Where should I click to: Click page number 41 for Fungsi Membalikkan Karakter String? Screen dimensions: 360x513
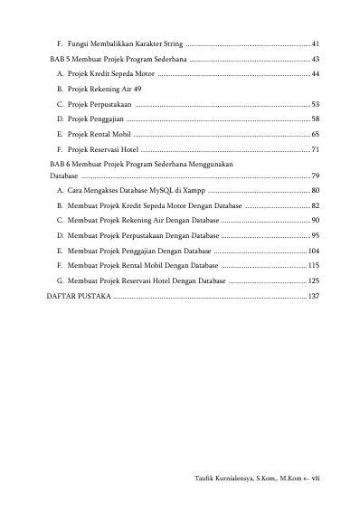tap(315, 43)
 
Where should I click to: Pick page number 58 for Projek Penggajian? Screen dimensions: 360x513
tap(315, 119)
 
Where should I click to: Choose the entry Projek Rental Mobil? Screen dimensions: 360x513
tap(98, 134)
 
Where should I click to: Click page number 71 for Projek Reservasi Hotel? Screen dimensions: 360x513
tap(315, 149)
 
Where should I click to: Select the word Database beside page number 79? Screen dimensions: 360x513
tap(64, 176)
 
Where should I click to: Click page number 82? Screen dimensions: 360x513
tap(315, 206)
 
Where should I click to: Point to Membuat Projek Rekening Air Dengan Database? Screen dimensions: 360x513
tap(141, 220)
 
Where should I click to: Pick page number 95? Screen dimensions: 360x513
tap(315, 235)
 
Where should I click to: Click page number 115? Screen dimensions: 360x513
tap(313, 265)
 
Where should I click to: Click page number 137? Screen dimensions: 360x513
tap(313, 296)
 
